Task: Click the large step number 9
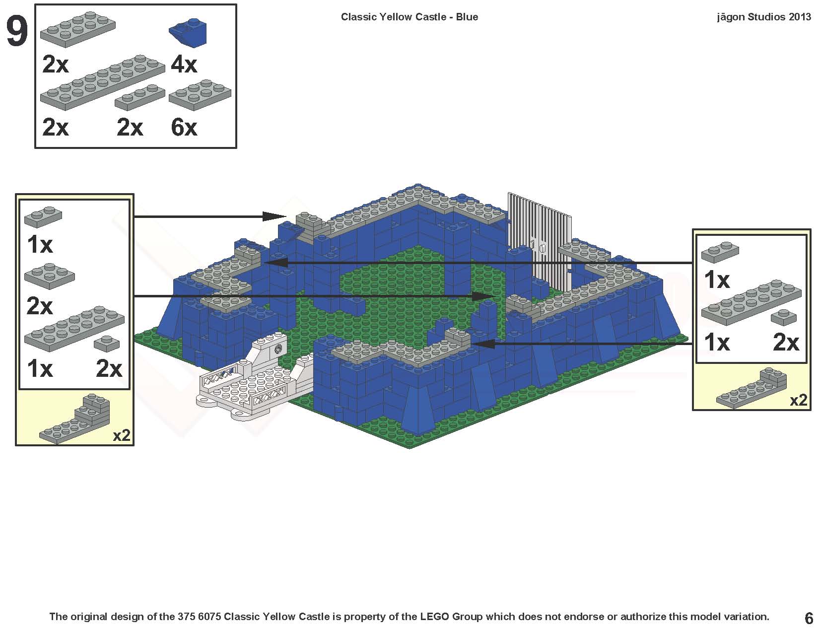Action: coord(17,32)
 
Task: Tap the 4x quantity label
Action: coord(184,65)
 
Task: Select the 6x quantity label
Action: coord(184,128)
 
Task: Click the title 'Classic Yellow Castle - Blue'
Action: coord(409,17)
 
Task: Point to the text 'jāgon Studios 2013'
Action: coord(763,17)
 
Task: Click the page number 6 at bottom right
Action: coord(809,618)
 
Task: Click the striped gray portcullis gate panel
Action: coord(539,223)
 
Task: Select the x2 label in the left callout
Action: coord(122,435)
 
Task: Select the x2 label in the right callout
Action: coord(798,400)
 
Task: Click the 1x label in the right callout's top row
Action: coord(717,281)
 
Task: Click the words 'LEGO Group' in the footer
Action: coord(451,617)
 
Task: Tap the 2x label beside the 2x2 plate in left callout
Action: coord(40,306)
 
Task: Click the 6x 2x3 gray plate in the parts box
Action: coord(200,94)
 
